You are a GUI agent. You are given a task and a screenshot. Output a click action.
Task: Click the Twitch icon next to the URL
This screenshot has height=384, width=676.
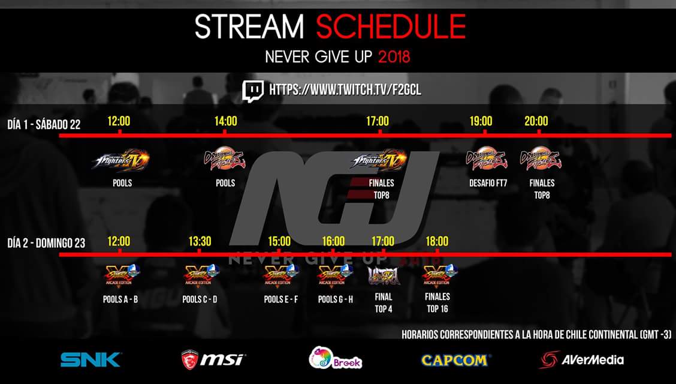[x=253, y=90]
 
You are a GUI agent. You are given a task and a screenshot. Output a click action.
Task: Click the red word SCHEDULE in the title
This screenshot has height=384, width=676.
[x=391, y=26]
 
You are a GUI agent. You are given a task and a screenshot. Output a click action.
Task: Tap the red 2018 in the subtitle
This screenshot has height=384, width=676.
[x=394, y=58]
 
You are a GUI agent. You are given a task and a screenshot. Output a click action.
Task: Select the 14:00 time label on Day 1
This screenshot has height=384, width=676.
[x=225, y=121]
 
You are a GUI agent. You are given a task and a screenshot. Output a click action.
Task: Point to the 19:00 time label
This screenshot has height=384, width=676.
[x=481, y=121]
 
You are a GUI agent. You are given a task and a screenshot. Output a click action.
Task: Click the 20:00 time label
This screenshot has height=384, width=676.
[x=536, y=121]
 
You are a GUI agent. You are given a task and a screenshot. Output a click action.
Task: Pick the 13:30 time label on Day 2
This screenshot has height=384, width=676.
[x=200, y=241]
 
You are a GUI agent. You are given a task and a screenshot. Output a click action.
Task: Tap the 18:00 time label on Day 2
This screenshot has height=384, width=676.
[x=437, y=241]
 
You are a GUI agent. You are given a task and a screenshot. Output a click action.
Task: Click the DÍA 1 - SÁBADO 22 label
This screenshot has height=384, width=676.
[x=44, y=124]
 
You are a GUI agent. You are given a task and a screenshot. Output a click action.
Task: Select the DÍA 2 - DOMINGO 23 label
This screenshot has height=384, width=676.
[x=46, y=243]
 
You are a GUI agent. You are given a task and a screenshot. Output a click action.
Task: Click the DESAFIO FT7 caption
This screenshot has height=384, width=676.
[x=488, y=183]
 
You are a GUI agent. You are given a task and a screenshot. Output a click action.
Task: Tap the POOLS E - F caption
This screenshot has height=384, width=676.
[x=280, y=299]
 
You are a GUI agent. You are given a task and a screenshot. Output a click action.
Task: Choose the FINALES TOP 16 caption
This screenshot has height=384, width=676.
[x=437, y=302]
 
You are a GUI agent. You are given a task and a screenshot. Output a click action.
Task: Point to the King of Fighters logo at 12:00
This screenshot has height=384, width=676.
[x=120, y=160]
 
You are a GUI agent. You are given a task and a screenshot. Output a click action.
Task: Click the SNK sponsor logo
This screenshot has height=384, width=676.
[x=90, y=359]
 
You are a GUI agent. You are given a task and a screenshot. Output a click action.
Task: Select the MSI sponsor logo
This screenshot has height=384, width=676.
[x=213, y=359]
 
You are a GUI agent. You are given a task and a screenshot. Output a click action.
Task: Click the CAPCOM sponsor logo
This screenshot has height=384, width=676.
[x=455, y=360]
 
